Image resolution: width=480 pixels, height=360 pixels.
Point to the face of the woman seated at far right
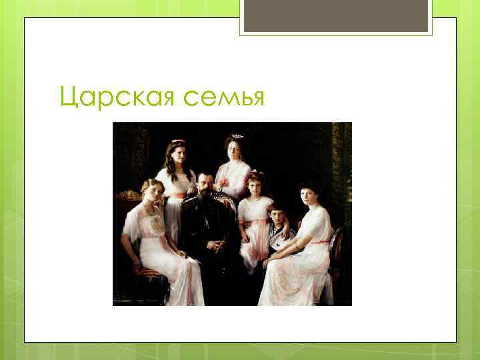(x=309, y=197)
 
